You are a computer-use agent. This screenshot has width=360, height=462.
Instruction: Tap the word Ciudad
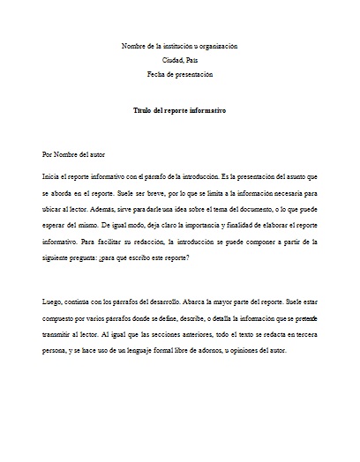click(x=171, y=61)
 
